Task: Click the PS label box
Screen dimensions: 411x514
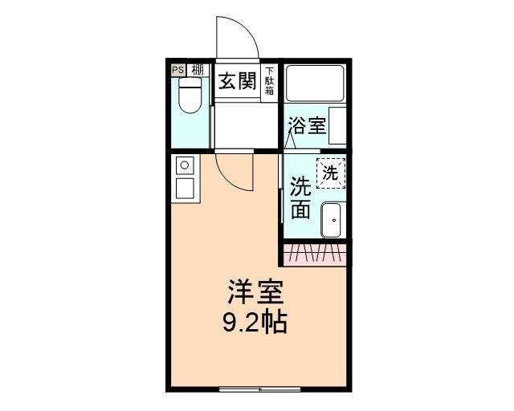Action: pyautogui.click(x=177, y=70)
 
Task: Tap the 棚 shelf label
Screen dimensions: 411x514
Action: pyautogui.click(x=197, y=70)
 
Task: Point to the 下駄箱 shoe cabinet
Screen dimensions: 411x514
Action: pyautogui.click(x=269, y=81)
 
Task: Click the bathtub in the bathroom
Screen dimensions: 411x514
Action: pyautogui.click(x=316, y=83)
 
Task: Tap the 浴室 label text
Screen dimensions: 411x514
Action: pyautogui.click(x=307, y=126)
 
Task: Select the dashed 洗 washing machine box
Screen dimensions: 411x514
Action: pyautogui.click(x=331, y=172)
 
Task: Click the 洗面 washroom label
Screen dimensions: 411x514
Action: pyautogui.click(x=300, y=197)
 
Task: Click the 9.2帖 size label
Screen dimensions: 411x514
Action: pyautogui.click(x=254, y=323)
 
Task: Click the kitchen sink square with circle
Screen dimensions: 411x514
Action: pyautogui.click(x=184, y=166)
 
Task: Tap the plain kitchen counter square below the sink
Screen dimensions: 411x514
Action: pyautogui.click(x=184, y=189)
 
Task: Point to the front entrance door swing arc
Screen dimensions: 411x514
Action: pyautogui.click(x=237, y=36)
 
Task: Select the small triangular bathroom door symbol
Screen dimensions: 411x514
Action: pyautogui.click(x=294, y=142)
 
